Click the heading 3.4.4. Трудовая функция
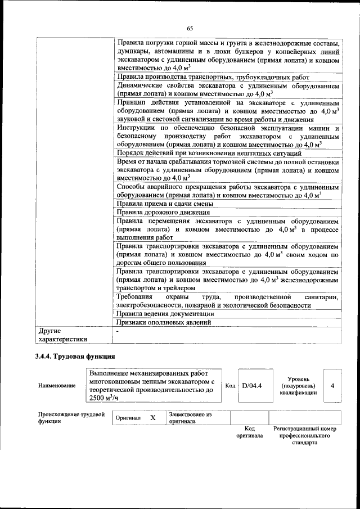(x=75, y=356)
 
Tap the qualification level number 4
(x=333, y=385)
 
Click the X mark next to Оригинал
(x=152, y=418)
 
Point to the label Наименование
(x=57, y=386)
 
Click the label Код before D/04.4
(x=230, y=385)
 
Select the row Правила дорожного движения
(x=163, y=213)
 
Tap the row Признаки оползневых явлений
(x=164, y=323)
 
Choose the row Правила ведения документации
(x=165, y=314)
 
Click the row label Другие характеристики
(x=62, y=335)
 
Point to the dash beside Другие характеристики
(x=117, y=331)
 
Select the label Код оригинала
(x=249, y=432)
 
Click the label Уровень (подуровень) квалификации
(x=298, y=386)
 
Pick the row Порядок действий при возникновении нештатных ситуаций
(x=209, y=153)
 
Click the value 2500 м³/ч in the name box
(x=105, y=398)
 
